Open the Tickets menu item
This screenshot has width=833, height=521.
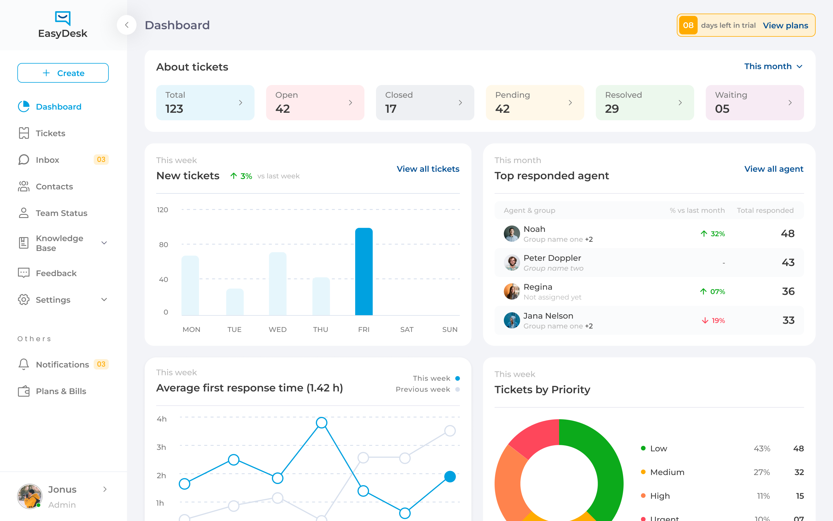pos(50,133)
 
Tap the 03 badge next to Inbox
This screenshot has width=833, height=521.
pos(101,160)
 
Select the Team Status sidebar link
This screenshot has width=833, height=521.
pos(61,213)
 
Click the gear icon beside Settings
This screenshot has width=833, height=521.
pos(23,300)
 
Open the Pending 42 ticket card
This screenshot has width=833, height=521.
pos(535,103)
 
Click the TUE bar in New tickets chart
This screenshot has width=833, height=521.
pos(235,302)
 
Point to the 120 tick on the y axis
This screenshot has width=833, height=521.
pos(162,210)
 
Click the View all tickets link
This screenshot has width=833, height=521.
pos(428,169)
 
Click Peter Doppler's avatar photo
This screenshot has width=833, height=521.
pos(511,263)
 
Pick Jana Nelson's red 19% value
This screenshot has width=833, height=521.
pos(718,320)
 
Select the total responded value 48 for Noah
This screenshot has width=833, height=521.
pos(788,234)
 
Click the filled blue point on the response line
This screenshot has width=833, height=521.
pos(450,476)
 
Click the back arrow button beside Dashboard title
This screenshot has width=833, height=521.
pos(126,25)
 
